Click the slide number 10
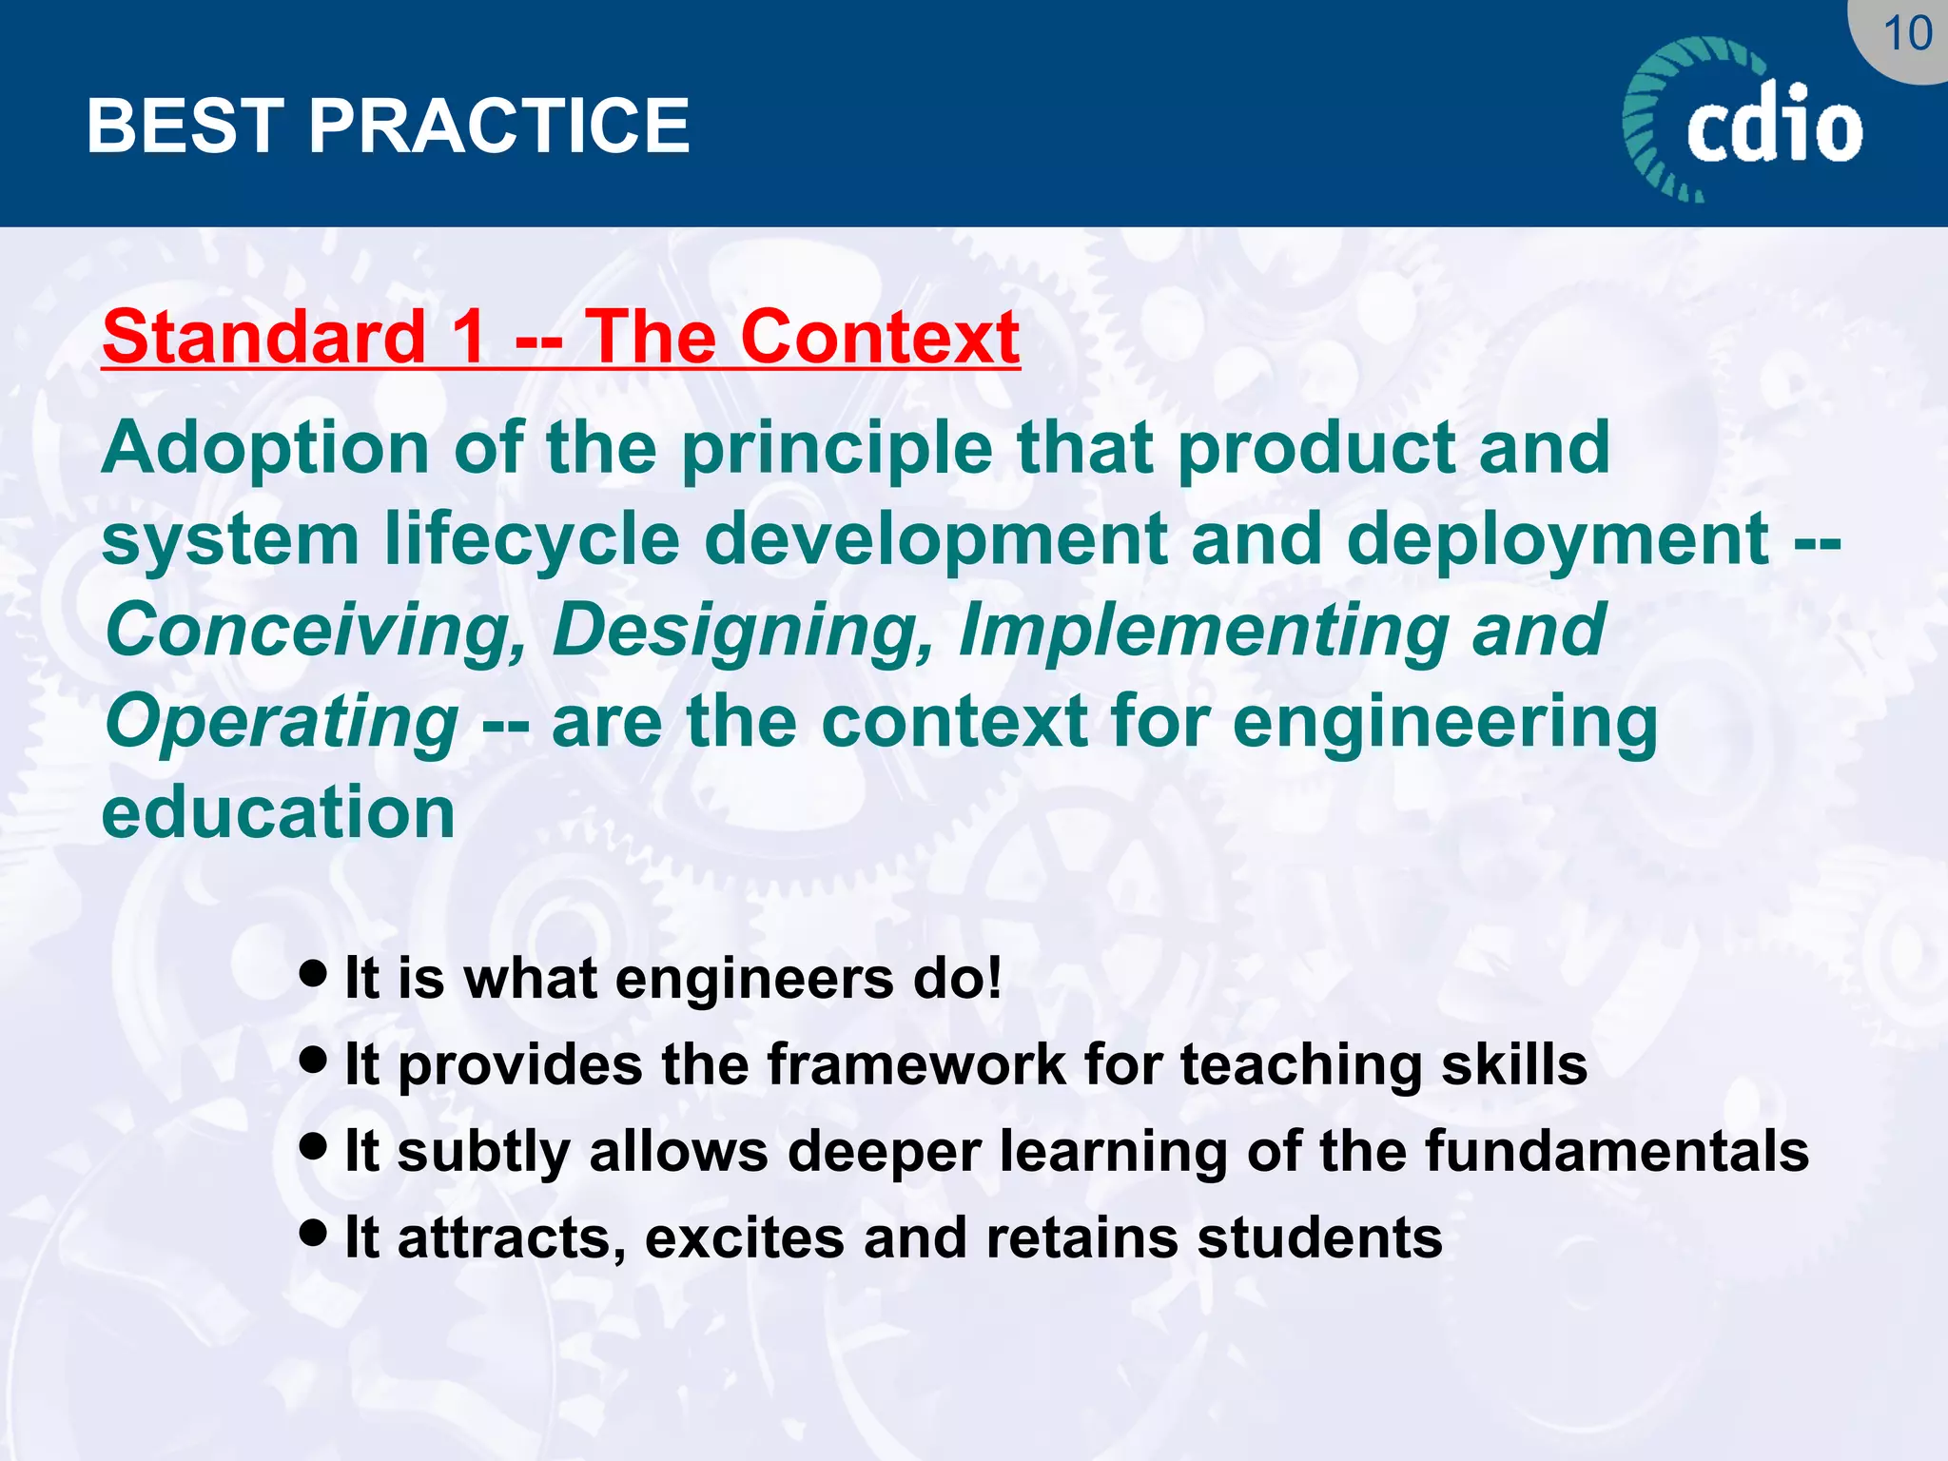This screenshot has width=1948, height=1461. point(1906,34)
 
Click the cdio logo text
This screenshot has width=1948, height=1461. point(1774,124)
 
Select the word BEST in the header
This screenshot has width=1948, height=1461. point(185,126)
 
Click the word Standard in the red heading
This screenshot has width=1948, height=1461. point(263,337)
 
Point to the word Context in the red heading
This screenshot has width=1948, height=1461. point(880,337)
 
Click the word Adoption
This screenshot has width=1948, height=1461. point(265,448)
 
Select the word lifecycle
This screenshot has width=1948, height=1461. point(533,539)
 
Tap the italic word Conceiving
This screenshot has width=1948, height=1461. point(315,631)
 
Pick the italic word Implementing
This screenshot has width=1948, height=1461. point(1203,631)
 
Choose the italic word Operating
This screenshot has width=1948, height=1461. point(282,722)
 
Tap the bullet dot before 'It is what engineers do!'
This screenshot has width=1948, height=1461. point(313,972)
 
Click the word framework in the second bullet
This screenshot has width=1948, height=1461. point(916,1064)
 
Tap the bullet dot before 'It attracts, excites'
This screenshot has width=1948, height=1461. point(313,1232)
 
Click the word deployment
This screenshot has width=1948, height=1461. point(1557,539)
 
